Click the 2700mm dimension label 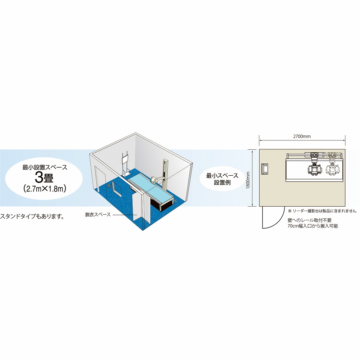click(x=302, y=136)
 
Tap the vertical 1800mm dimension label click(x=248, y=180)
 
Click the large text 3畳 click(x=44, y=178)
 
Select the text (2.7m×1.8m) click(x=45, y=189)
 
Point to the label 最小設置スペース click(x=45, y=167)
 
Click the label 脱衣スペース click(x=98, y=215)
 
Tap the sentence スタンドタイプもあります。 click(x=32, y=216)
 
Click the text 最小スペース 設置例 click(x=222, y=179)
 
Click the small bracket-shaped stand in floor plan click(x=265, y=169)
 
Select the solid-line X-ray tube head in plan click(x=314, y=169)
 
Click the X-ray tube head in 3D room click(x=154, y=179)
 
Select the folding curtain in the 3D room click(x=141, y=208)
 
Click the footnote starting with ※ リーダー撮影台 click(x=322, y=211)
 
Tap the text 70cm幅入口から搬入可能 click(x=313, y=226)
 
